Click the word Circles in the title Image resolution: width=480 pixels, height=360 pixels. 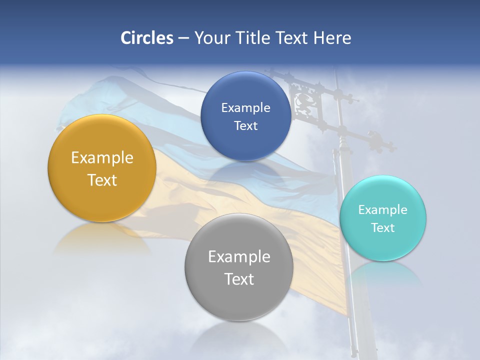click(x=146, y=38)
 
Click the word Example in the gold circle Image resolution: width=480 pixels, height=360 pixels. click(x=102, y=158)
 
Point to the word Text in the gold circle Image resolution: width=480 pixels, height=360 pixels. click(x=102, y=180)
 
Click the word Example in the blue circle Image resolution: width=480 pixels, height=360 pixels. click(x=245, y=107)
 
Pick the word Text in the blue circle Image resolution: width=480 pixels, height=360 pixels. click(x=245, y=125)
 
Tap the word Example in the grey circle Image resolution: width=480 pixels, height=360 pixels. click(x=239, y=257)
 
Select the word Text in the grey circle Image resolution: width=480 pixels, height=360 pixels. click(x=239, y=279)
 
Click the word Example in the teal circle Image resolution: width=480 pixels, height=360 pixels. click(x=383, y=209)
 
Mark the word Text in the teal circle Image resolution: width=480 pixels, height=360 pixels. click(x=383, y=227)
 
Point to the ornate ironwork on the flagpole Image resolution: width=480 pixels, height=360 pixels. click(x=305, y=102)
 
